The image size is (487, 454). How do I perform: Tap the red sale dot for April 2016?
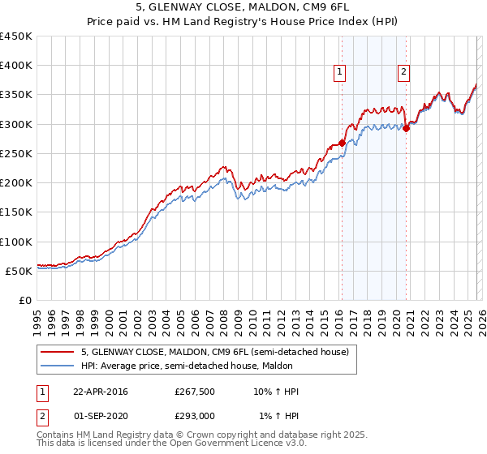pyautogui.click(x=342, y=143)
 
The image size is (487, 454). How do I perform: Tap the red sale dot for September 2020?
pyautogui.click(x=406, y=128)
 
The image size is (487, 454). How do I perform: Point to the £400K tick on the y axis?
pyautogui.click(x=16, y=66)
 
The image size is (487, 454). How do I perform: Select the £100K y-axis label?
pyautogui.click(x=16, y=242)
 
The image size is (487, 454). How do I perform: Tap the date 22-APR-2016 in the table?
pyautogui.click(x=101, y=392)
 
